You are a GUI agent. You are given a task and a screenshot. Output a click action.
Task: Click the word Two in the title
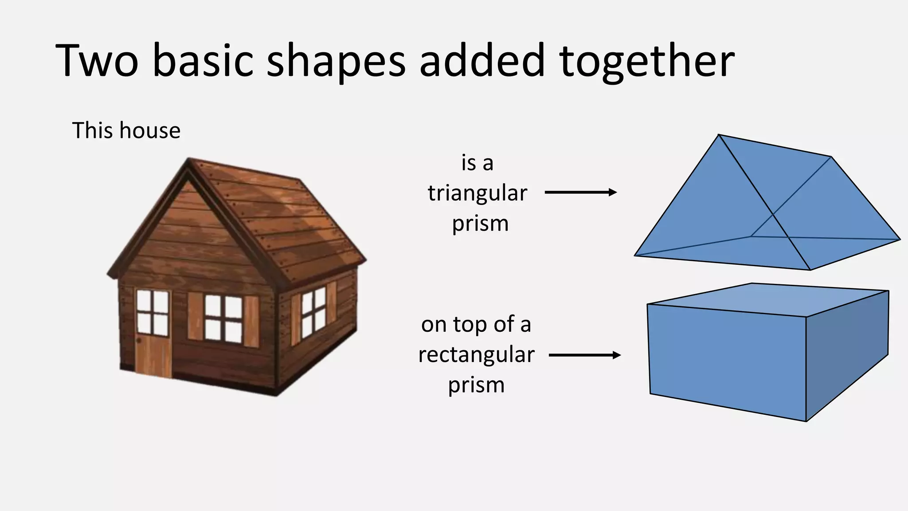point(97,61)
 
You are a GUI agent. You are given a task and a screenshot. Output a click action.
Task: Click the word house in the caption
point(150,130)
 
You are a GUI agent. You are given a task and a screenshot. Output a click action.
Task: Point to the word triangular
point(477,193)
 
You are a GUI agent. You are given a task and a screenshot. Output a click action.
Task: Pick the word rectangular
point(476,354)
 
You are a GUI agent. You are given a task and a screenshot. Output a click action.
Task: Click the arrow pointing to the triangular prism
point(580,192)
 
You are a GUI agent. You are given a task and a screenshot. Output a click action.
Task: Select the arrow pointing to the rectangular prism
point(584,355)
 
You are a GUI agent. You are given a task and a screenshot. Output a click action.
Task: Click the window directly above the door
point(153,312)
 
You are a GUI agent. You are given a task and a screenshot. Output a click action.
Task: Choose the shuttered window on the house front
point(223,318)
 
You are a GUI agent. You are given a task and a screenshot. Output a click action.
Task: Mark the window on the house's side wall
point(313,312)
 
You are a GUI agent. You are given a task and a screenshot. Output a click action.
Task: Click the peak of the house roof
point(189,161)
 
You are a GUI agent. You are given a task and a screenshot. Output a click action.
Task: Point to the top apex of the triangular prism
point(718,135)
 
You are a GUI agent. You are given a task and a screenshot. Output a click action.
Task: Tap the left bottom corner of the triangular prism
point(635,255)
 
